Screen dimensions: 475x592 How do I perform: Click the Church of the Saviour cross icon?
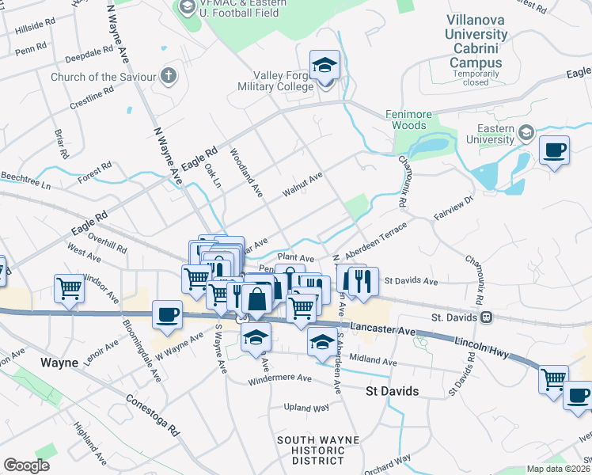pyautogui.click(x=167, y=77)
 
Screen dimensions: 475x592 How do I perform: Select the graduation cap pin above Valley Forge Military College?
pyautogui.click(x=324, y=65)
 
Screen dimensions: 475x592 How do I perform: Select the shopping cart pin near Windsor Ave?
pyautogui.click(x=70, y=288)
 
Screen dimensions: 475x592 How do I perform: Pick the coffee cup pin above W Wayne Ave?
pyautogui.click(x=167, y=314)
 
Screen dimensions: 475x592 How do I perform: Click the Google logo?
pyautogui.click(x=26, y=465)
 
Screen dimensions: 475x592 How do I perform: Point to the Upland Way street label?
pyautogui.click(x=306, y=408)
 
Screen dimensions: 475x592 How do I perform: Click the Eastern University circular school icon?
pyautogui.click(x=526, y=133)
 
